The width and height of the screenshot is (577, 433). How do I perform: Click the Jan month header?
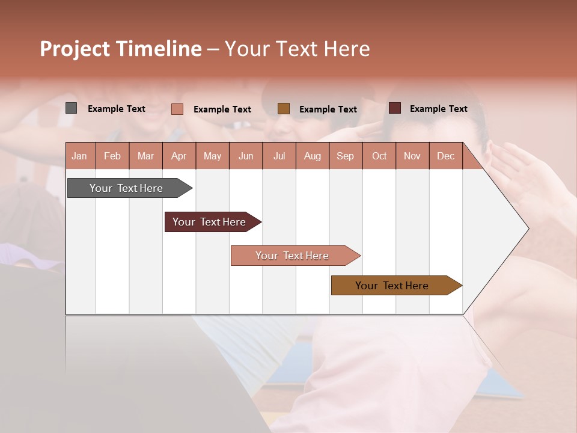point(79,156)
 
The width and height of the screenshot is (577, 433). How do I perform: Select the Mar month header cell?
point(145,156)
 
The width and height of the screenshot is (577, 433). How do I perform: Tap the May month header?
point(212,156)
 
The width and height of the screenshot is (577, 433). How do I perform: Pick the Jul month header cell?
point(279,156)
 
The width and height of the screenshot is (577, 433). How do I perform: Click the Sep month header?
point(345,156)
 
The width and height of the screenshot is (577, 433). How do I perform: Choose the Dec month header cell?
point(445,156)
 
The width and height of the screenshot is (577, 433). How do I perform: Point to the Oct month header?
point(379,156)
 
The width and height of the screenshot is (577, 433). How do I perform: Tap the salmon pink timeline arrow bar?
point(293,256)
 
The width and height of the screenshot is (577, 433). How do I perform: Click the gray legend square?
point(72,108)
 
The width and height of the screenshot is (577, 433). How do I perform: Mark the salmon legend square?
point(177,109)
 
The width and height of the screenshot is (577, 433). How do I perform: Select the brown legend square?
point(284,108)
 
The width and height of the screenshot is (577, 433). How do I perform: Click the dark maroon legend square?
point(395,108)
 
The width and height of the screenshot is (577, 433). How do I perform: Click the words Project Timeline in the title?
point(121,49)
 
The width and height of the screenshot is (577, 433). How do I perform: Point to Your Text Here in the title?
point(297,49)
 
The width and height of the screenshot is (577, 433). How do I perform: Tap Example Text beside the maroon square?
point(438,109)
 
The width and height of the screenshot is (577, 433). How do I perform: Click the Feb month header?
point(112,156)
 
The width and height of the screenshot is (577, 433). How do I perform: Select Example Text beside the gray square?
point(117,109)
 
